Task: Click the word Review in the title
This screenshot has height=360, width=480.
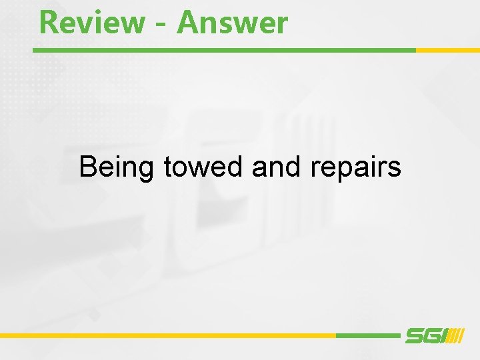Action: click(x=91, y=22)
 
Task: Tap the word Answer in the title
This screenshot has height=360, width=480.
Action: click(x=233, y=22)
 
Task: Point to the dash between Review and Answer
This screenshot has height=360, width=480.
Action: click(x=160, y=25)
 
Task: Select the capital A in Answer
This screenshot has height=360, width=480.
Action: click(x=188, y=22)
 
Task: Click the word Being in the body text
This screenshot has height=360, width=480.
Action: click(x=117, y=167)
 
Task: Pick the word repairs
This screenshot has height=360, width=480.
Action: click(x=355, y=167)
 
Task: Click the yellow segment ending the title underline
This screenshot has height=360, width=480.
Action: click(x=447, y=50)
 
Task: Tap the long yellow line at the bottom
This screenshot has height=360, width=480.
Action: click(x=167, y=335)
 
